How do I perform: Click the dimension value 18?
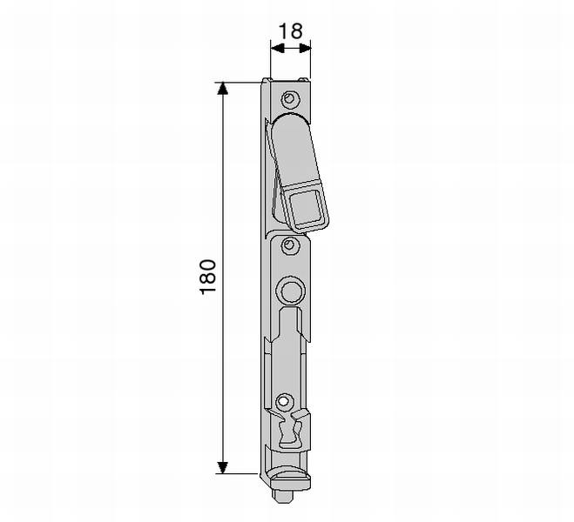coord(291,31)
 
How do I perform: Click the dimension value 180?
coord(208,277)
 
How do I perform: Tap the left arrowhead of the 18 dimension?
coord(278,48)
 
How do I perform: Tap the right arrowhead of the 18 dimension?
coord(305,48)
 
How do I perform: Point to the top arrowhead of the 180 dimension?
coord(223,89)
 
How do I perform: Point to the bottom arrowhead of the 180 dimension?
coord(223,467)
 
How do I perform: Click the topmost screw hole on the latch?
coord(289,98)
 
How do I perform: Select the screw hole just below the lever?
coord(289,244)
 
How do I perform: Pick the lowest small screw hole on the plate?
coord(282,401)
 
